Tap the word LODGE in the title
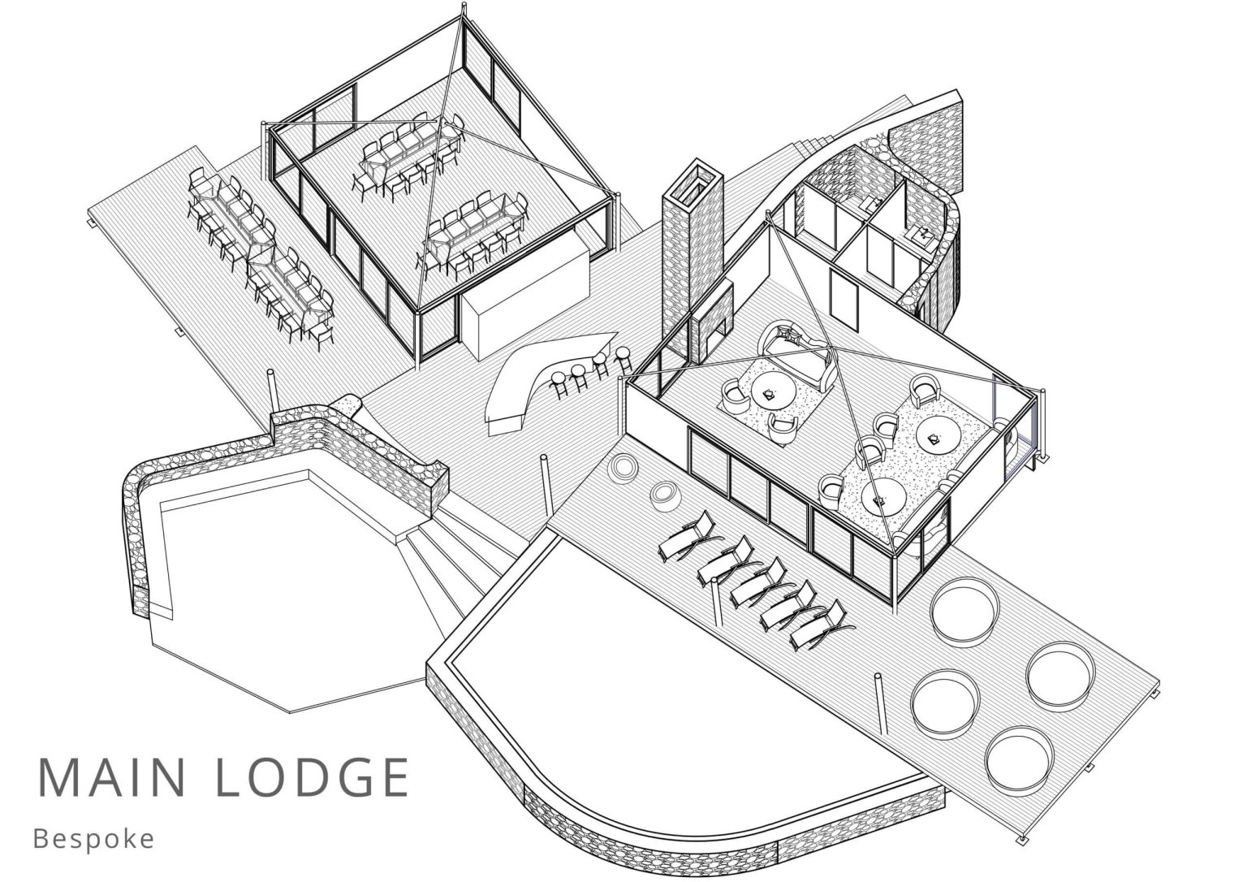[x=313, y=776]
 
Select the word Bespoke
[x=93, y=839]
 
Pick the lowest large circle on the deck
[x=1019, y=763]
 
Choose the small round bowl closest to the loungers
[x=663, y=495]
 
